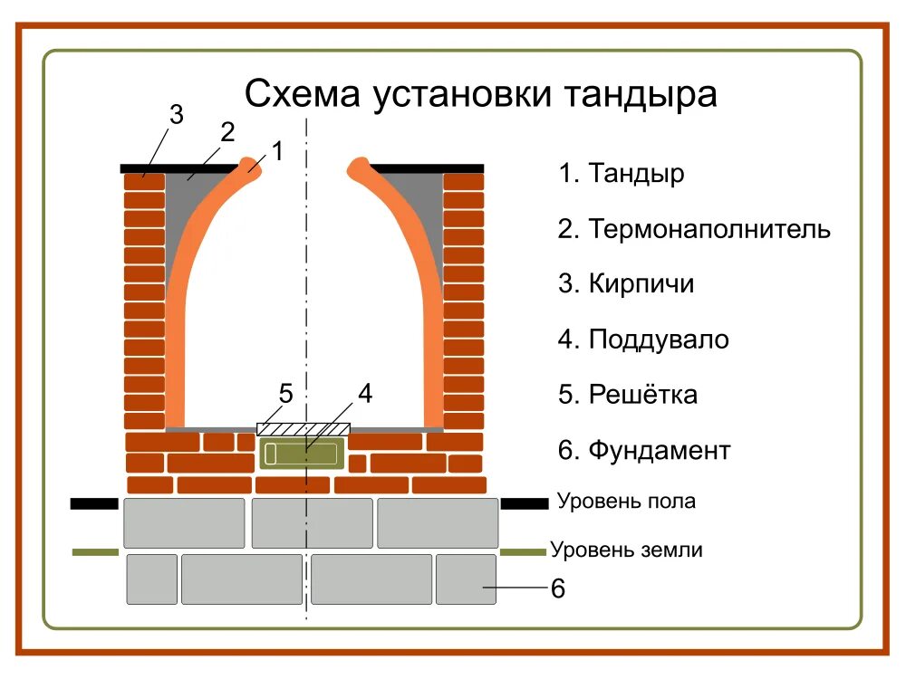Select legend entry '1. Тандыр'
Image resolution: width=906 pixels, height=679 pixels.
point(622,173)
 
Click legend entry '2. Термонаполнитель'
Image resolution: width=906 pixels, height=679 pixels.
point(694,228)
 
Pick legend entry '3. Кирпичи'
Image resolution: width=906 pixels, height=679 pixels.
point(626,284)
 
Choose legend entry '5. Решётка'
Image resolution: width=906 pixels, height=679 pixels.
point(628,395)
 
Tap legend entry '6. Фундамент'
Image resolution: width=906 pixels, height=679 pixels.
point(644,450)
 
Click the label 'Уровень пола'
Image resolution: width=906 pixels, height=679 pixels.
point(626,501)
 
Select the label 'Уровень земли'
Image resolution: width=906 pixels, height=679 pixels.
point(626,550)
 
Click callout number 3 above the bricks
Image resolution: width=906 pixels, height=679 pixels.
point(176,115)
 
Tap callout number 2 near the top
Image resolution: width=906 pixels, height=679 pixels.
point(227,133)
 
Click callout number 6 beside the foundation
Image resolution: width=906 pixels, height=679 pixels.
point(558,589)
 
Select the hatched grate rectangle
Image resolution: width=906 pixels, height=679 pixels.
point(304,427)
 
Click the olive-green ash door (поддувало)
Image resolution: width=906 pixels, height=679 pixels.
point(303,452)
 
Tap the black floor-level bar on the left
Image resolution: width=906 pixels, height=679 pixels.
point(94,503)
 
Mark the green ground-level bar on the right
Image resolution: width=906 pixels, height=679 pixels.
point(523,551)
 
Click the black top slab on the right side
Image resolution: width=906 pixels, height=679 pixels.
point(426,168)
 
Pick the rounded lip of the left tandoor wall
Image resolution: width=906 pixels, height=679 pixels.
point(250,167)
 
